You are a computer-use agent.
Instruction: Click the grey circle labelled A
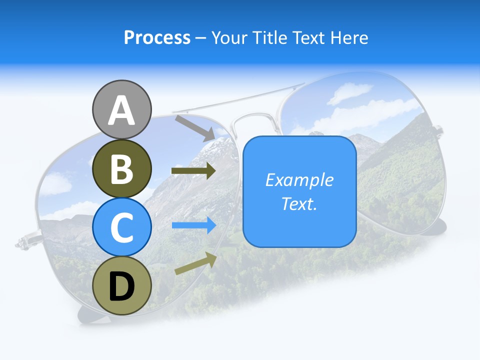click(121, 109)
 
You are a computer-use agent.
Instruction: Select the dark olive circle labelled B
click(121, 168)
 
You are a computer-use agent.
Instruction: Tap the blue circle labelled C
click(121, 227)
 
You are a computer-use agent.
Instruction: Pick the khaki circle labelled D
click(121, 285)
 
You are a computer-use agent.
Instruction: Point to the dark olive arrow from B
click(193, 171)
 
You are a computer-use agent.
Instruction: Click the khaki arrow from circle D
click(195, 263)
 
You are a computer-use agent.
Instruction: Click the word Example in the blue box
click(299, 180)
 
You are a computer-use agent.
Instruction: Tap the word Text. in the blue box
click(299, 203)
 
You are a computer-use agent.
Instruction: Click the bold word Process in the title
click(157, 37)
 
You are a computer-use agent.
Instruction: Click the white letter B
click(121, 169)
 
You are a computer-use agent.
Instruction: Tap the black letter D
click(121, 286)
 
